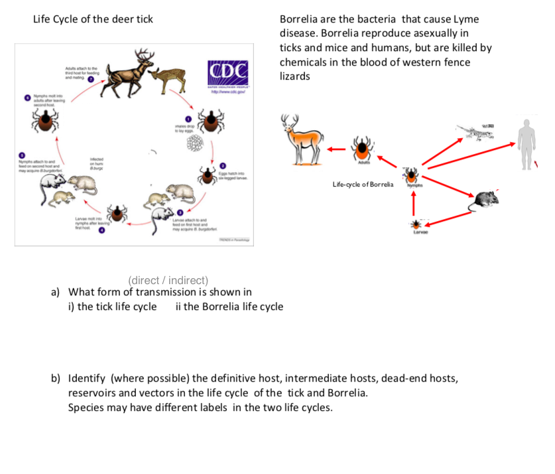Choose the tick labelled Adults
[x=362, y=149]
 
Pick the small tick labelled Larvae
[x=416, y=224]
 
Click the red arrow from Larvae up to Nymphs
[x=416, y=200]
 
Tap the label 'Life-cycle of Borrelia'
[x=363, y=184]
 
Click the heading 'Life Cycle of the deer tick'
[x=93, y=19]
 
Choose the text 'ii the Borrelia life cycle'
[x=229, y=307]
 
